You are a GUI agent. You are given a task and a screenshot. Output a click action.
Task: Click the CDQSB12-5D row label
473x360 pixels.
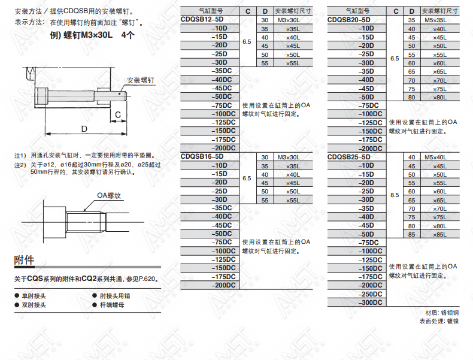coord(202,19)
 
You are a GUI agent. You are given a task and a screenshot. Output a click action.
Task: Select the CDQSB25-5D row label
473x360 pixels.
coord(348,157)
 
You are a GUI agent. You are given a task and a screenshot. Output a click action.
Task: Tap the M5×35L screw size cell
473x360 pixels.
coord(435,20)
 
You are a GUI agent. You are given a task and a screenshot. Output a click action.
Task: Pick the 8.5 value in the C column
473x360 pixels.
coord(395,195)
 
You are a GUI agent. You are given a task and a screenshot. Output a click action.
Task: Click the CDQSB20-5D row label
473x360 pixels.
coord(348,20)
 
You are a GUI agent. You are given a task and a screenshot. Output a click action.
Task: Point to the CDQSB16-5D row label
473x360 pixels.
coord(202,156)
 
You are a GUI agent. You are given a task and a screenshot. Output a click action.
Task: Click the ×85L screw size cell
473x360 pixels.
coord(440,234)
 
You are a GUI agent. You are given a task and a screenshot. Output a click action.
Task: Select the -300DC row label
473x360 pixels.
coord(370,302)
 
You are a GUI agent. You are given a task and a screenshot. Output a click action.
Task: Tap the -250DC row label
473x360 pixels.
coord(370,294)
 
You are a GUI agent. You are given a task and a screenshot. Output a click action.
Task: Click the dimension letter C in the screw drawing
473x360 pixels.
coord(118,114)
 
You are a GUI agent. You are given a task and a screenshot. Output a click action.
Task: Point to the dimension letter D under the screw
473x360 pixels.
coord(84,129)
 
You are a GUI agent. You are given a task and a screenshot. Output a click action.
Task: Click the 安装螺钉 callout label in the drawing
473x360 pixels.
coord(140,80)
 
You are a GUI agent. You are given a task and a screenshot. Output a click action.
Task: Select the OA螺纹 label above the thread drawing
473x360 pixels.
coord(109,195)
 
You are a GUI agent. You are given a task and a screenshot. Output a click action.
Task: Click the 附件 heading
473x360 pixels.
coord(24,260)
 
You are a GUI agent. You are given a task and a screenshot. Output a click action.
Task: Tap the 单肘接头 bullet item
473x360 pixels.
coord(34,296)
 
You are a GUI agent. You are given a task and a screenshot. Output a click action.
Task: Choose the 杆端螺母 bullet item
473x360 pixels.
coord(112,305)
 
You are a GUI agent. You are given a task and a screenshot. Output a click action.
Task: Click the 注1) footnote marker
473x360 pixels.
coord(20,156)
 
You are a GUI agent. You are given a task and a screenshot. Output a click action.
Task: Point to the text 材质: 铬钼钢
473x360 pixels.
coord(442,313)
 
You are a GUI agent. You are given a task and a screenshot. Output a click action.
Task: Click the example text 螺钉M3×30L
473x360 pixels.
coord(87,35)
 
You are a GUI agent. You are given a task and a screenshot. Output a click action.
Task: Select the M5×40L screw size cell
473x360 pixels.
coord(435,157)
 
